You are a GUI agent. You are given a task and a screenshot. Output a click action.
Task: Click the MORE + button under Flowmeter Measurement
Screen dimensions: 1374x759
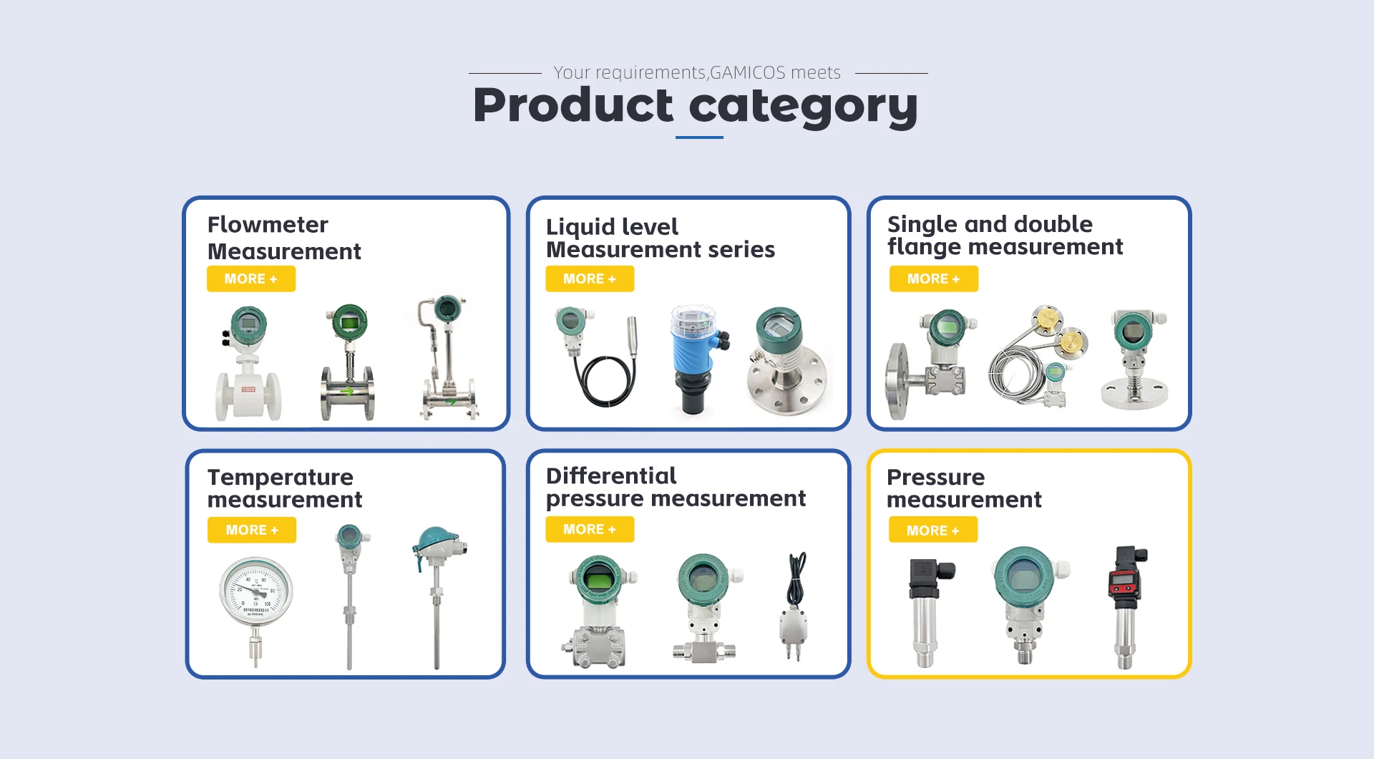(251, 279)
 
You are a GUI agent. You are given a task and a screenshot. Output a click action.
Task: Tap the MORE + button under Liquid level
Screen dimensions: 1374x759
(590, 279)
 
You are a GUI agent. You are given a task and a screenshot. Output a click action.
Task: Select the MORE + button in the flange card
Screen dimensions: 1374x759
(934, 279)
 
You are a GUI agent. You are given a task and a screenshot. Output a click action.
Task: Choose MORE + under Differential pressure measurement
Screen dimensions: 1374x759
(590, 529)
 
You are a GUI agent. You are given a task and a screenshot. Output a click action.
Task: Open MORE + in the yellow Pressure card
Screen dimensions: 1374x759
(933, 531)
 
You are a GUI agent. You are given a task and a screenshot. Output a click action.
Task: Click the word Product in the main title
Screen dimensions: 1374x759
(573, 105)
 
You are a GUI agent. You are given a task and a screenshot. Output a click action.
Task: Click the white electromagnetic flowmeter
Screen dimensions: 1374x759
(248, 364)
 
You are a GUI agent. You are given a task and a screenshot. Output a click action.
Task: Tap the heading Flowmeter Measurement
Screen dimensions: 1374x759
(284, 238)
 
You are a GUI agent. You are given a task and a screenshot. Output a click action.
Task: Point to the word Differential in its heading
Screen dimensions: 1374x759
(611, 475)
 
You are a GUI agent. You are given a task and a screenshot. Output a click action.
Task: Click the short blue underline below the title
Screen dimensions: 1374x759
(699, 137)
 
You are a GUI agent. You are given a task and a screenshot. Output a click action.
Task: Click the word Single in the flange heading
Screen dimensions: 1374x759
(922, 226)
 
